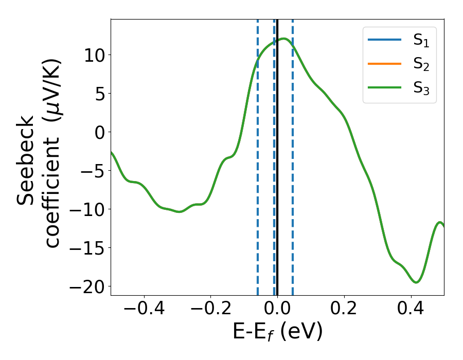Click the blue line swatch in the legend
tap(384, 41)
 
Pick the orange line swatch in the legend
tap(384, 64)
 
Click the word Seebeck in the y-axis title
tap(26, 160)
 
